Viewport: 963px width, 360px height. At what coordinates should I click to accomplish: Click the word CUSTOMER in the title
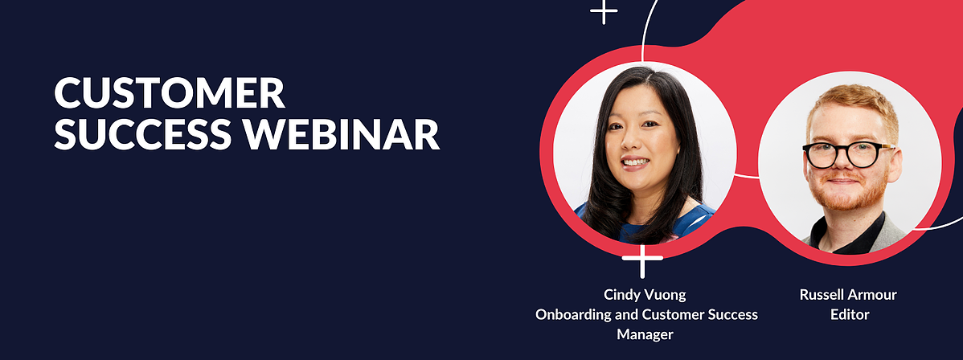(170, 93)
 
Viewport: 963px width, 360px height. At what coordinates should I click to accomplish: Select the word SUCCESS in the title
(143, 134)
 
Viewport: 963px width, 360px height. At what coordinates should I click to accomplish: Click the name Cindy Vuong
(645, 295)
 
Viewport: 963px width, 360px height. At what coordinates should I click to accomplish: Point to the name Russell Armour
(848, 294)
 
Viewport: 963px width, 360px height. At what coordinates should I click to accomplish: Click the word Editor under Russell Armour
(850, 314)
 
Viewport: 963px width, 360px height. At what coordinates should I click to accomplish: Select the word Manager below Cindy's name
(645, 335)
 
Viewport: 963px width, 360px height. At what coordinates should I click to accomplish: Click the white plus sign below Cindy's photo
(642, 260)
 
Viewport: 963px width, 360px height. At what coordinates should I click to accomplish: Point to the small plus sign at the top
(604, 12)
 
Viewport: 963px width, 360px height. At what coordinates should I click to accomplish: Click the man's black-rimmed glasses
(847, 154)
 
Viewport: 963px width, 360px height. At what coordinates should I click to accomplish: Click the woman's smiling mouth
(636, 163)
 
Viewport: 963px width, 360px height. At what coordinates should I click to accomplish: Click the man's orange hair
(853, 104)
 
